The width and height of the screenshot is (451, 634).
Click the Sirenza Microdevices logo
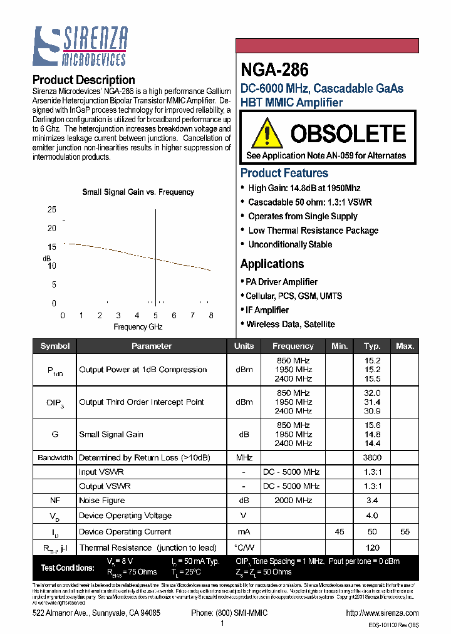[80, 46]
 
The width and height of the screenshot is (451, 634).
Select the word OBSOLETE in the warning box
[348, 133]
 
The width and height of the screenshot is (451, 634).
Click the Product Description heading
[83, 80]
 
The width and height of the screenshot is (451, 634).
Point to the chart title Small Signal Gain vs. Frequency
[138, 192]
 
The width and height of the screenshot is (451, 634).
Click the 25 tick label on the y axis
[52, 210]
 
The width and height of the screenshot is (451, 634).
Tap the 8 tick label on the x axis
[211, 316]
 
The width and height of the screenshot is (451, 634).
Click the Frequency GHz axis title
[138, 327]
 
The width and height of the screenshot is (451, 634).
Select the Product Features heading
[284, 173]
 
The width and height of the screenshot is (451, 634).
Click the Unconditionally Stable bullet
[290, 244]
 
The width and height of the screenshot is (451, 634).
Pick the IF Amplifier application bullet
[267, 310]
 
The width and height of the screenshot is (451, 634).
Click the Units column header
[244, 346]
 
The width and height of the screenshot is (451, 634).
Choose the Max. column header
[405, 346]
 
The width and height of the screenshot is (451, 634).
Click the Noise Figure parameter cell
[101, 501]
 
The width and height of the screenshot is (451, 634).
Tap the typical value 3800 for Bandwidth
[372, 457]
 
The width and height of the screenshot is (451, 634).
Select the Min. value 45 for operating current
[340, 531]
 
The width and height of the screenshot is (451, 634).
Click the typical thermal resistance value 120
[372, 548]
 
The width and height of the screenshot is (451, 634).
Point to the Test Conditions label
[67, 568]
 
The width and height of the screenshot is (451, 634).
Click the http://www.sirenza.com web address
[381, 613]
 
